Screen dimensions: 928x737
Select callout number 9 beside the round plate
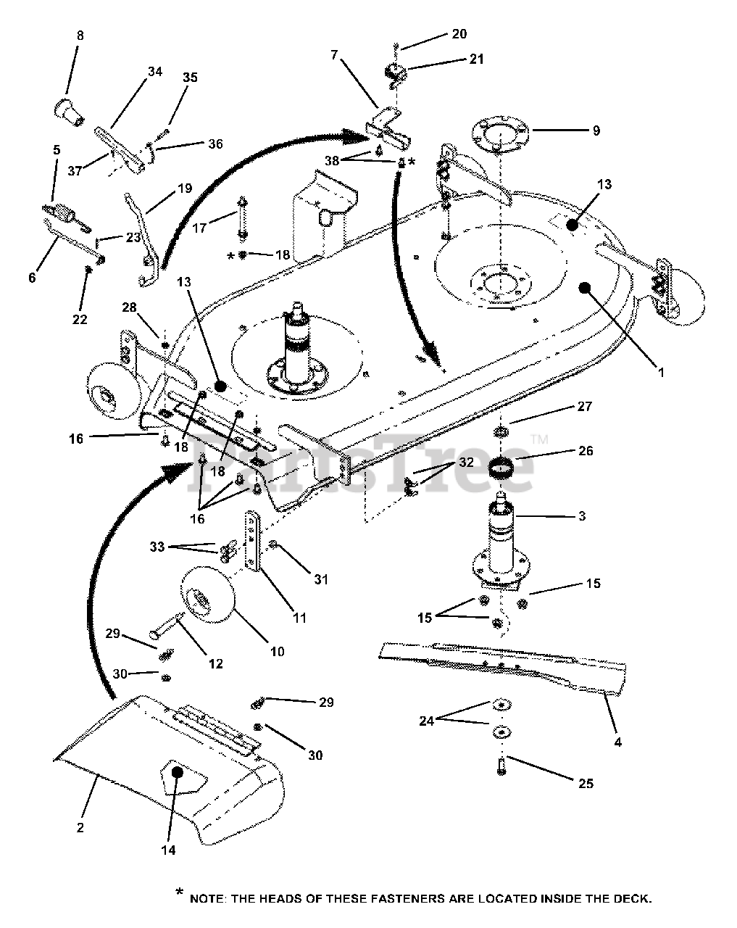click(x=596, y=131)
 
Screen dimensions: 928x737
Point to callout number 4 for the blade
click(x=617, y=742)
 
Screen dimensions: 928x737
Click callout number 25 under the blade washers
click(x=586, y=783)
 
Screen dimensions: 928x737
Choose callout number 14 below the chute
click(x=168, y=850)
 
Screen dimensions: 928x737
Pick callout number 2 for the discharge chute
click(x=80, y=827)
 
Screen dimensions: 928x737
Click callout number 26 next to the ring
click(x=586, y=450)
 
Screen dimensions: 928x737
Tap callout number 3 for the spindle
click(x=582, y=516)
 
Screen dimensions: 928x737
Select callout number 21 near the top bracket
click(x=476, y=59)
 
